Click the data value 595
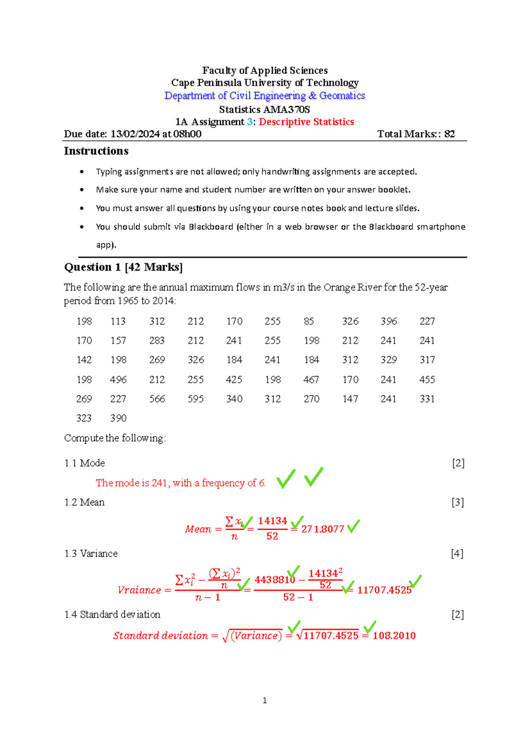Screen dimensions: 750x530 tap(196, 399)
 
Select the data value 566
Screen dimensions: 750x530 tap(157, 399)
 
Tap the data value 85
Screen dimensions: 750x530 tap(309, 321)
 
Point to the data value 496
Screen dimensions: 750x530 tap(118, 379)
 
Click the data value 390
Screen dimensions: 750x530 tap(118, 418)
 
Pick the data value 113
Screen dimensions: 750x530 tap(118, 321)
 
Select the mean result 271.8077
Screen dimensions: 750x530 tap(322, 529)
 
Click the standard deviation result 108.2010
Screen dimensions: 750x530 tap(394, 636)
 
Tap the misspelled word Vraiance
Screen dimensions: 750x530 tap(139, 590)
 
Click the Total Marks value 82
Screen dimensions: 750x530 tap(449, 134)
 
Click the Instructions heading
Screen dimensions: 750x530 tap(96, 151)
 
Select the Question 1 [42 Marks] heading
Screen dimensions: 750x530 tap(123, 267)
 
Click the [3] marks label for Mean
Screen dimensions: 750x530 tap(458, 502)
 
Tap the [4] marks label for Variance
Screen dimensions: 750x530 tap(457, 554)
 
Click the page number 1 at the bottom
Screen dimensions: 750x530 tap(265, 700)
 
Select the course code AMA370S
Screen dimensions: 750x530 tap(287, 109)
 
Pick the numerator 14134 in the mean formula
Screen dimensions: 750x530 tap(273, 521)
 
